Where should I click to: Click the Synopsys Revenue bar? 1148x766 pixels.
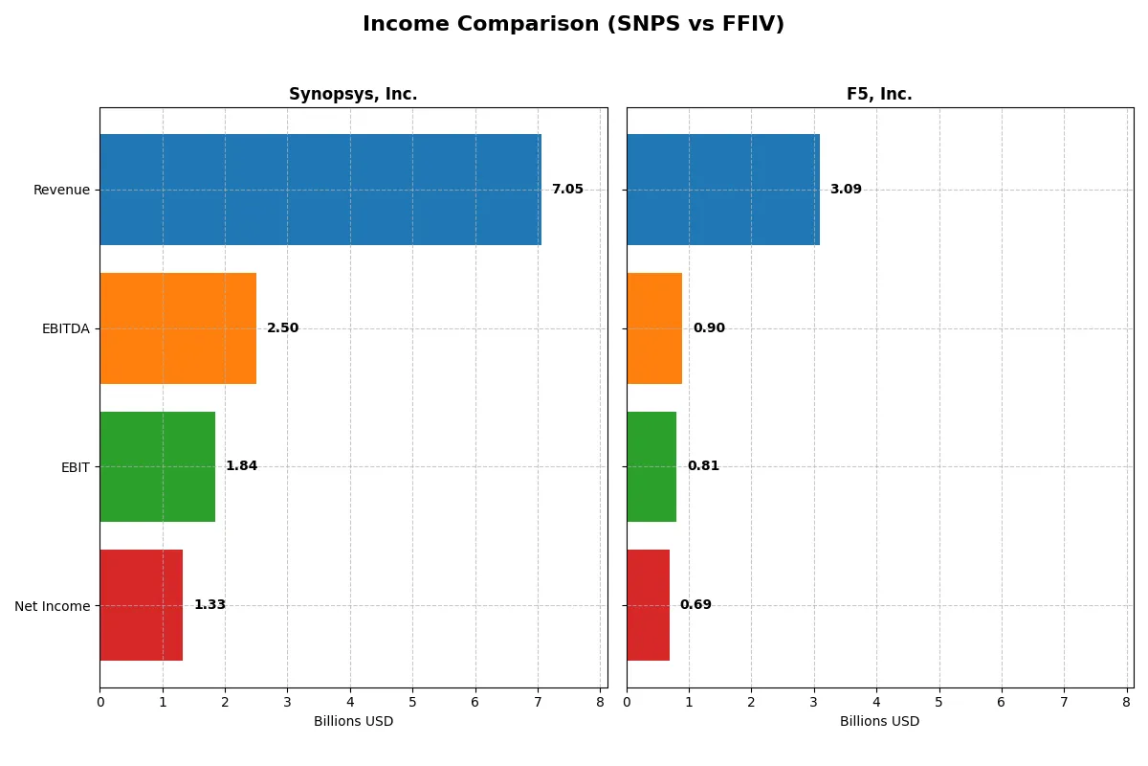320,190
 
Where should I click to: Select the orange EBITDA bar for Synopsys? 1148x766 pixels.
178,328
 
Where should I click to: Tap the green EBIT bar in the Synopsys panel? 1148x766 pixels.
158,466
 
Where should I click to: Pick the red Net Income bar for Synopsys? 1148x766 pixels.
142,605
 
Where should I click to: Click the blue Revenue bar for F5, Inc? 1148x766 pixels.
723,190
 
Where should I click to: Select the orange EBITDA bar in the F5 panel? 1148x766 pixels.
654,328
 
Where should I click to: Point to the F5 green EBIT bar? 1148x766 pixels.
651,466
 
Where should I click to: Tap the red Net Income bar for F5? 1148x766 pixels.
648,605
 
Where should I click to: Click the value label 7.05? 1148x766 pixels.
567,190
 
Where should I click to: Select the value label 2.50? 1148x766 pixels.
282,328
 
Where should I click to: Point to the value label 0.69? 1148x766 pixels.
695,605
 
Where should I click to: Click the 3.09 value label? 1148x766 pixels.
846,190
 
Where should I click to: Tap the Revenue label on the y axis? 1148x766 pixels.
61,190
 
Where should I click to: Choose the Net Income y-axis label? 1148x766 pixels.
53,606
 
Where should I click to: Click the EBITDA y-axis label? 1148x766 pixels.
65,328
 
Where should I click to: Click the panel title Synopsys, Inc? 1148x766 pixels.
353,95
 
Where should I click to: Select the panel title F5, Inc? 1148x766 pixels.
879,95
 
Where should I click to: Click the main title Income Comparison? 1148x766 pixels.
573,25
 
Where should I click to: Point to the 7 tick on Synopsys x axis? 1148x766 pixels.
538,702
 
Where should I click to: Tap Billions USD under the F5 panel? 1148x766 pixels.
879,722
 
